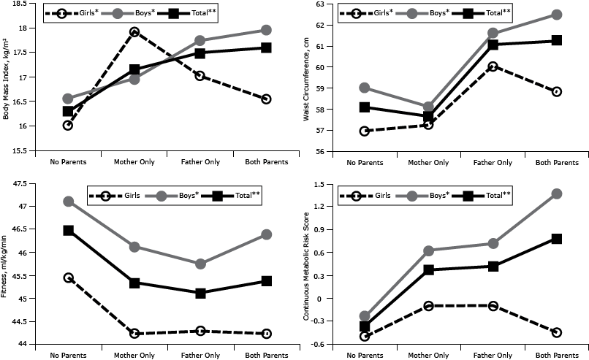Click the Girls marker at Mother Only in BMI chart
point(134,32)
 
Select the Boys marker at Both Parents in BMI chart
point(266,30)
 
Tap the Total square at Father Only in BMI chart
point(200,53)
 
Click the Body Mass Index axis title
point(7,77)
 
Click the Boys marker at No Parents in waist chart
point(365,88)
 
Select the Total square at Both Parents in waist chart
point(557,40)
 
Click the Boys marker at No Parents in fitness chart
point(68,201)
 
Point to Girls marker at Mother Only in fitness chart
point(134,334)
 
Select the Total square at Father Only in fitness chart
point(200,293)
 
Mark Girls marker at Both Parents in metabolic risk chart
point(557,332)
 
